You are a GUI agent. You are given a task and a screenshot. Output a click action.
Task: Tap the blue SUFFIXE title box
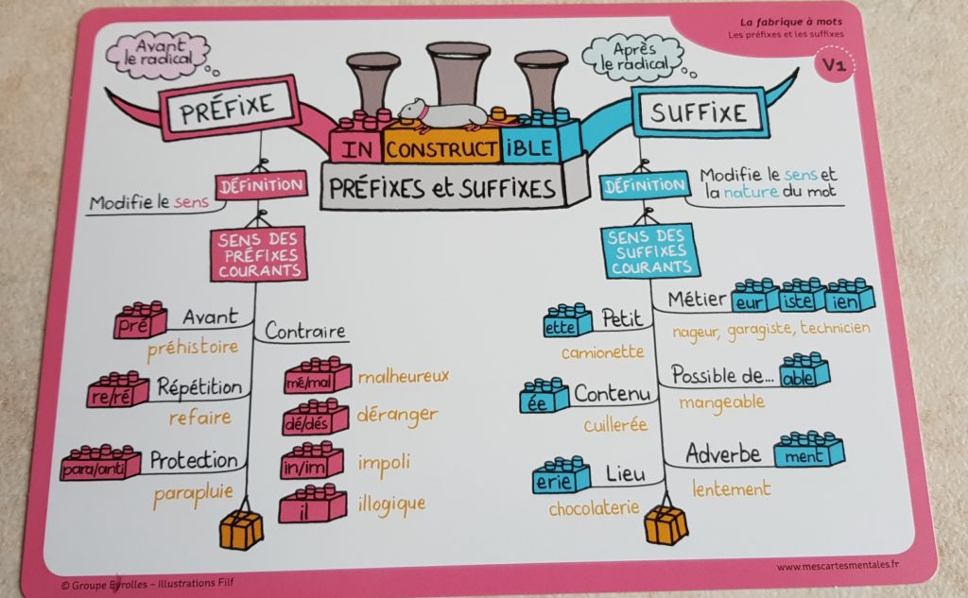pos(698,112)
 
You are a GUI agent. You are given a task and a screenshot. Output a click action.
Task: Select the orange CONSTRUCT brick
pos(441,148)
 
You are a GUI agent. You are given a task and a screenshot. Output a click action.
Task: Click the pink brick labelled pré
pos(140,322)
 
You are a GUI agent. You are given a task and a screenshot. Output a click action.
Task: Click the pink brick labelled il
pos(312,505)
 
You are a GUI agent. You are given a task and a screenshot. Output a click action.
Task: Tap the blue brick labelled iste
pos(803,298)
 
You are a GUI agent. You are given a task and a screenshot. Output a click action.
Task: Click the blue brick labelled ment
pos(808,453)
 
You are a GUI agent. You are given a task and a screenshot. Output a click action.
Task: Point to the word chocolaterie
pos(594,509)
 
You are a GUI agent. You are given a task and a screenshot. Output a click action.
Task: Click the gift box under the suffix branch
pos(666,525)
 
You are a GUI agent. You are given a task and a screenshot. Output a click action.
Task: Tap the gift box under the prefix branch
pos(241,530)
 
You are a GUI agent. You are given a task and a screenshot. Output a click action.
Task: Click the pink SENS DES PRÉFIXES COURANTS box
pos(258,254)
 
